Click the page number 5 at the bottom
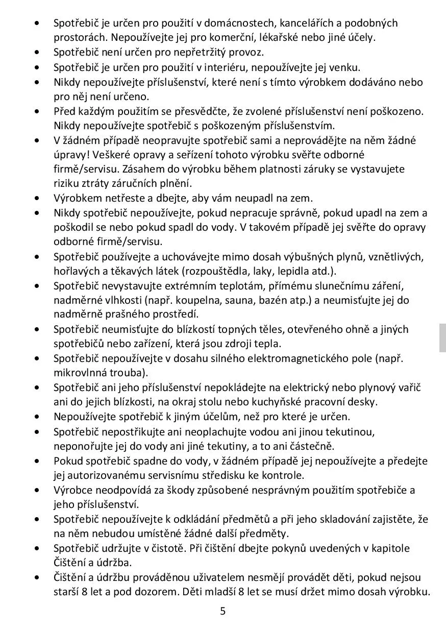[x=222, y=611]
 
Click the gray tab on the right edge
[x=442, y=337]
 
